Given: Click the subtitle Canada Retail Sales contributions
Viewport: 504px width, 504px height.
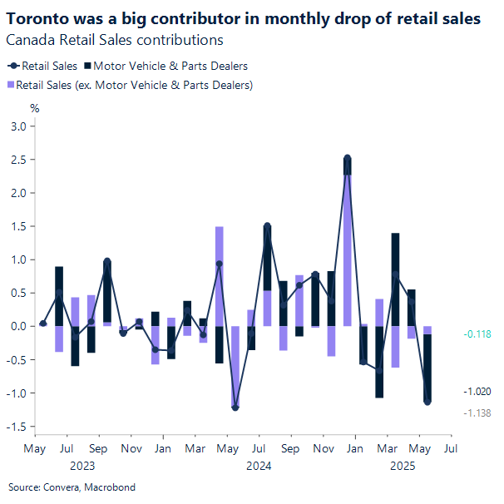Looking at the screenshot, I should coord(114,39).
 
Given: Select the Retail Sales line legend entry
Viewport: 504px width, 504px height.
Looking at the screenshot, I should coord(42,66).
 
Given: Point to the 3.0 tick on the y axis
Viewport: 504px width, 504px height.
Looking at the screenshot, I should coord(17,126).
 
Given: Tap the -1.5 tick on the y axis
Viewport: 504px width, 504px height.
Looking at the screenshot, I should coord(15,427).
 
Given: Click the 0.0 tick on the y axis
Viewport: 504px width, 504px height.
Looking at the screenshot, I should coord(17,326).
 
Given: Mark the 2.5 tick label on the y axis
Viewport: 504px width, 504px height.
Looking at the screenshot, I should coord(17,160).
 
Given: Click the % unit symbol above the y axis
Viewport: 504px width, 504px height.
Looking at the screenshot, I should coord(34,108).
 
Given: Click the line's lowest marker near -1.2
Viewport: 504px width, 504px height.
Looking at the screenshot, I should coord(235,408).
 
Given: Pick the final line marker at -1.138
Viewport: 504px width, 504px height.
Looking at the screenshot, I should coord(427,402).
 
